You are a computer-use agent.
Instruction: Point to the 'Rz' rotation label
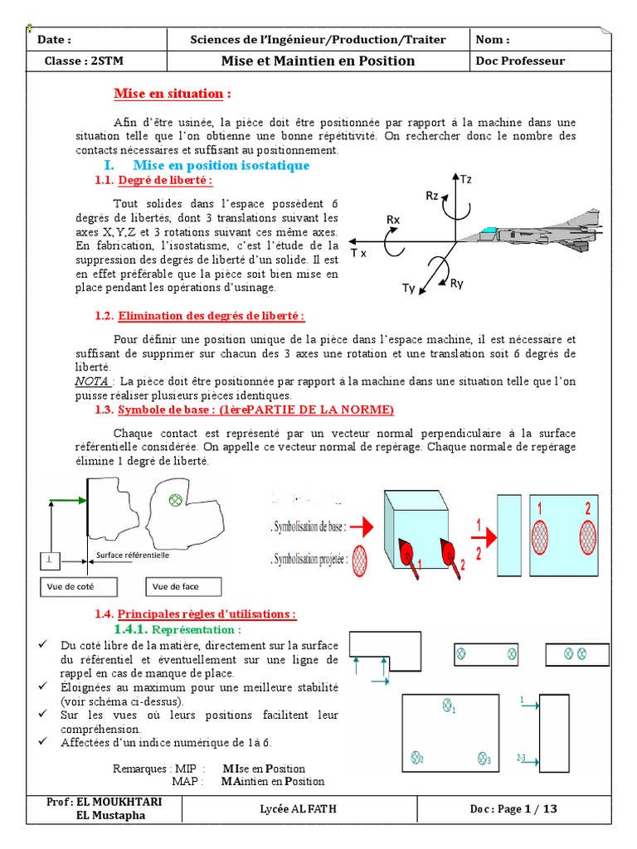click(x=432, y=196)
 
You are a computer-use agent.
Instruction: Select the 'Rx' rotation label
click(x=393, y=219)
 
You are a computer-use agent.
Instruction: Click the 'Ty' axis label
click(x=408, y=289)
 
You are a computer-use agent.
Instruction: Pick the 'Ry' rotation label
click(x=457, y=283)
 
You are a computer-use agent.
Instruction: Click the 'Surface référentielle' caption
click(x=133, y=556)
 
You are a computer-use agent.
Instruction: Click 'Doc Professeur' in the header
click(x=520, y=61)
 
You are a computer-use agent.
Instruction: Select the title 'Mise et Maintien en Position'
click(x=318, y=61)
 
